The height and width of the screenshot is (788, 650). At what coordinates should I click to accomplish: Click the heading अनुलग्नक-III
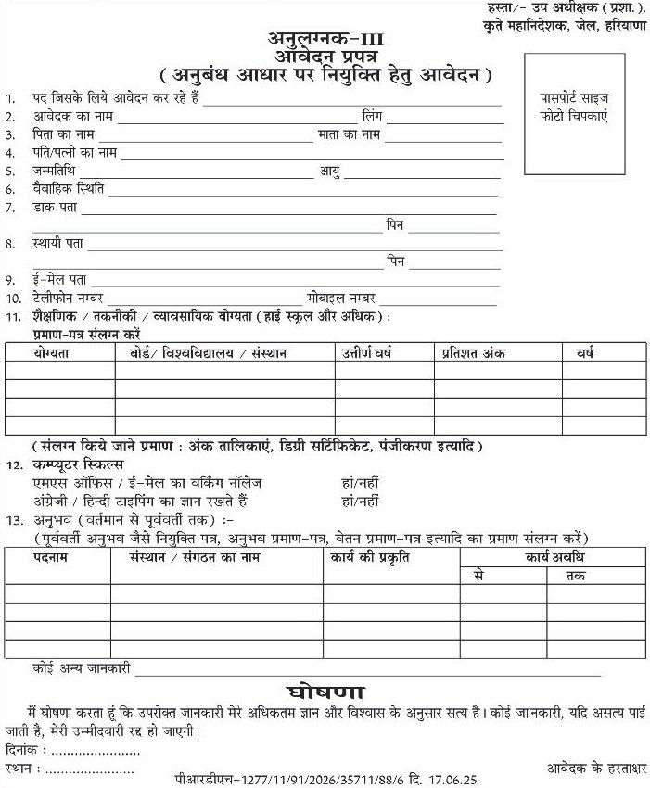coord(325,39)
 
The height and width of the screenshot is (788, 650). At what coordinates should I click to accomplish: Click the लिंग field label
coord(372,116)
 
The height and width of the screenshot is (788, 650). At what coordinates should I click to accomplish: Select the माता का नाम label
coord(349,134)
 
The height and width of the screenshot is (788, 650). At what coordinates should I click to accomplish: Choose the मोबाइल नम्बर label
coord(341,298)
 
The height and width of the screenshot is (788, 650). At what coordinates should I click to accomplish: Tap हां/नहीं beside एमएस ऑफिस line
coord(361,483)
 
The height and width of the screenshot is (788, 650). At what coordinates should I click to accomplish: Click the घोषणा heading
coord(324,693)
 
